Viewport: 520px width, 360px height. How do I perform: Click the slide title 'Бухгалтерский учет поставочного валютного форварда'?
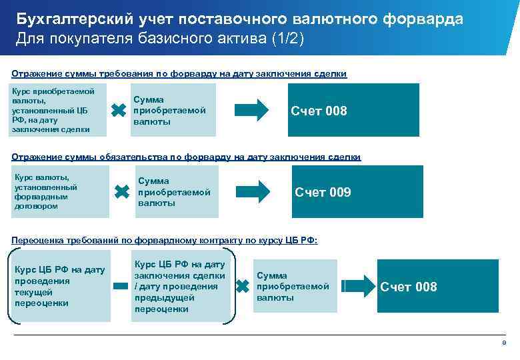[239, 18]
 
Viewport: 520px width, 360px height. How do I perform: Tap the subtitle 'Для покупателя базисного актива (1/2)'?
[159, 39]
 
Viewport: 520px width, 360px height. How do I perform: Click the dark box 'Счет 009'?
[357, 192]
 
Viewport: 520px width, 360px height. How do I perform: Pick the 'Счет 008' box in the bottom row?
[437, 287]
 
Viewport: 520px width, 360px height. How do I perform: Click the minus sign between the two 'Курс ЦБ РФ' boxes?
[120, 287]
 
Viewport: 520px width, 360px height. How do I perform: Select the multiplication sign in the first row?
[117, 111]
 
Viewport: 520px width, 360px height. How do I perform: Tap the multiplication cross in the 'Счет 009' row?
[121, 192]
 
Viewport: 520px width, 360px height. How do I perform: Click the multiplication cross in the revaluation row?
[243, 287]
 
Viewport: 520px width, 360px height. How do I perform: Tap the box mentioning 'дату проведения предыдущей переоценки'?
[181, 287]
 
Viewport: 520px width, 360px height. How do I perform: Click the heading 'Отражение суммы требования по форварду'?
[179, 73]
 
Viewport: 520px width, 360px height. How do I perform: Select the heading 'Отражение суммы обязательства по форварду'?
[186, 157]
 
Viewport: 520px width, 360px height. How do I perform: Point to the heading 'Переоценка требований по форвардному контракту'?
[165, 240]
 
